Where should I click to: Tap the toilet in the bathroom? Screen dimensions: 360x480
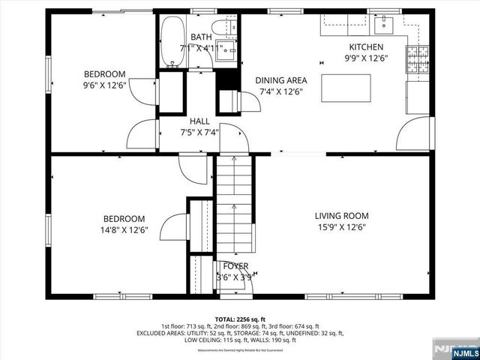223,28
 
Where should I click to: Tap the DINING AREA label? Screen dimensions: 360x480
280,81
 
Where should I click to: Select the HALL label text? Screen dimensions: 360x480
199,121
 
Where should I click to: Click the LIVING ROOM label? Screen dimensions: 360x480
340,216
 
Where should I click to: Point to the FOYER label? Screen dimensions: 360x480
235,266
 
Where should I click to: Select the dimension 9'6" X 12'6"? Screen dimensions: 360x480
104,85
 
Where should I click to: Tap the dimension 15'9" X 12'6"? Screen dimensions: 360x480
340,227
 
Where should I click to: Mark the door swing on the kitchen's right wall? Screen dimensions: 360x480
414,133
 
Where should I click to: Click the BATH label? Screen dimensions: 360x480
200,37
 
